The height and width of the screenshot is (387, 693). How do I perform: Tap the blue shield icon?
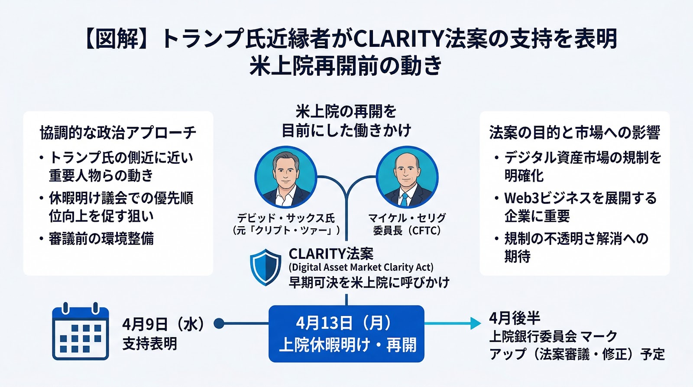[266, 267]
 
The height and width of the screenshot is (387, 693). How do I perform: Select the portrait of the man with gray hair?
[285, 177]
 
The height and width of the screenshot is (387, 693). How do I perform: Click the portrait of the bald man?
[407, 177]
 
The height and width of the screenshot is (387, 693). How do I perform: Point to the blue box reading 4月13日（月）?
[346, 334]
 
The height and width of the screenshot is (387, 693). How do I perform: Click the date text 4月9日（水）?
[163, 324]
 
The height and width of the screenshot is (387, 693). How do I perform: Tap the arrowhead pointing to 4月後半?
[475, 323]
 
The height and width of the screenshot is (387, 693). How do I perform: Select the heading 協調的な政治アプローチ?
[118, 133]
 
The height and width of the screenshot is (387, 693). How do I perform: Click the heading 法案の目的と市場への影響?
[574, 133]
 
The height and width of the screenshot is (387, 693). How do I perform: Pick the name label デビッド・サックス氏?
[286, 218]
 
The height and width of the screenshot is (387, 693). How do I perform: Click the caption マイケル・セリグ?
[407, 218]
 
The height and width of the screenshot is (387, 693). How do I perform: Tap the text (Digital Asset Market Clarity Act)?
[361, 267]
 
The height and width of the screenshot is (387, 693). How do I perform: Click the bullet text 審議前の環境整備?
[101, 239]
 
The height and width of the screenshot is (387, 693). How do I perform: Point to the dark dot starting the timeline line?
[219, 323]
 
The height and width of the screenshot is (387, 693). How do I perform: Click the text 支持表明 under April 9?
[149, 344]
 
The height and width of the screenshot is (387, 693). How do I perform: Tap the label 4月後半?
[515, 318]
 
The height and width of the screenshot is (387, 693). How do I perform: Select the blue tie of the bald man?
[405, 200]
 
